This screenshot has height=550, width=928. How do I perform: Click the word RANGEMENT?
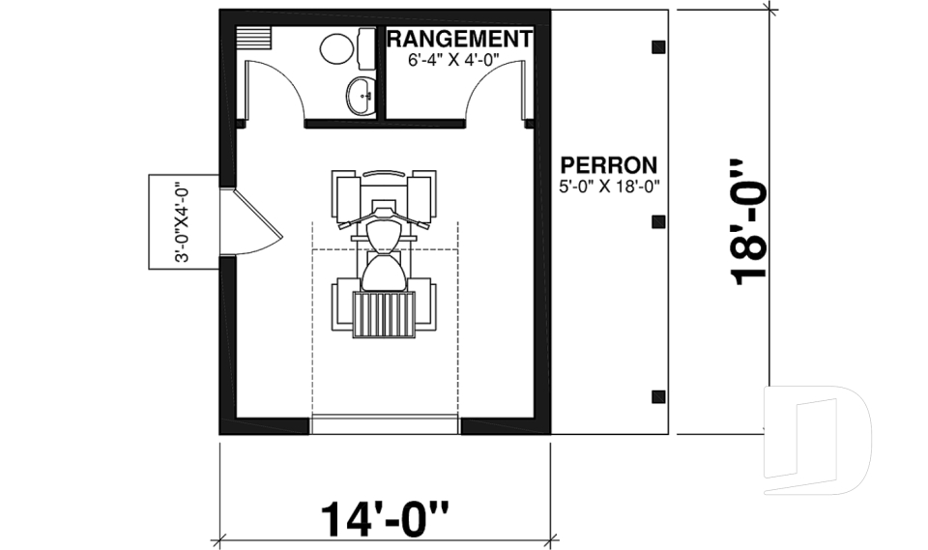[x=460, y=39]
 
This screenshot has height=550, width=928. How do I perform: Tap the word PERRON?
[x=609, y=164]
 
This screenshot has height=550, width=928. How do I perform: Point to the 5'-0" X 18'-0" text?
[x=609, y=188]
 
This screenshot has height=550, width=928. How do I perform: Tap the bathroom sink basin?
[x=362, y=96]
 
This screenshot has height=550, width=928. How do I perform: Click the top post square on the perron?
[x=658, y=46]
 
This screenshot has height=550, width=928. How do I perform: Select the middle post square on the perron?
[x=658, y=221]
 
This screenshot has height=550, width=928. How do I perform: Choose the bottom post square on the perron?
[x=658, y=395]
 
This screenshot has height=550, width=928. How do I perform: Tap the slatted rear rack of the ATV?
[x=384, y=313]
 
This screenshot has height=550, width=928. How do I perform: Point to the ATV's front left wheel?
[x=345, y=195]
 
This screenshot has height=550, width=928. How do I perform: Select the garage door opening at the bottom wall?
[x=385, y=426]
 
